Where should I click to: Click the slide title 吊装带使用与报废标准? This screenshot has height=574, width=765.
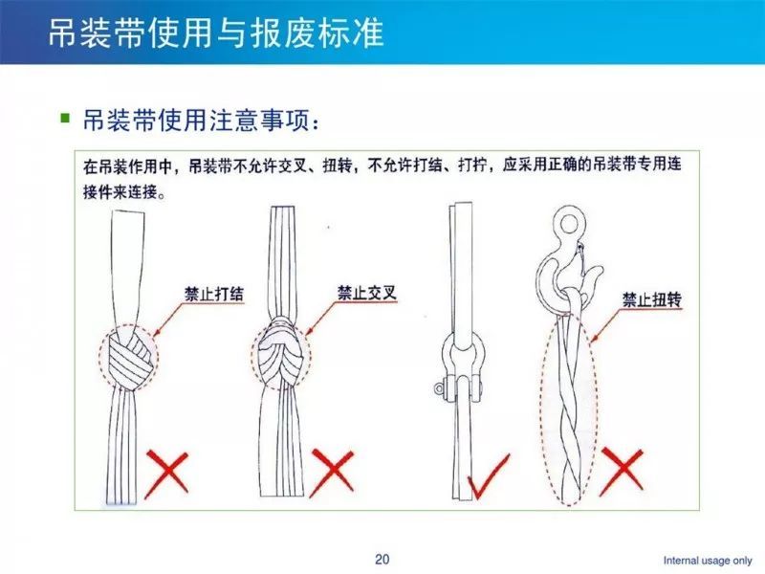[x=216, y=33]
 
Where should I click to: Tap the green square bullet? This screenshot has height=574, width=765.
[x=65, y=118]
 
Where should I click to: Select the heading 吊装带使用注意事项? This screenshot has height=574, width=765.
[x=196, y=120]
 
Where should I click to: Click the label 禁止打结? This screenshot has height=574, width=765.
[x=213, y=294]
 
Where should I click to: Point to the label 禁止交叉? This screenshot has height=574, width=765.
[x=367, y=293]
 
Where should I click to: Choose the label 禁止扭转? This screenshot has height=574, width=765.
[x=652, y=299]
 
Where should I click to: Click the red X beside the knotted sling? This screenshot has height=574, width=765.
[x=166, y=474]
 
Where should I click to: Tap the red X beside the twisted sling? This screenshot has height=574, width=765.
[x=621, y=471]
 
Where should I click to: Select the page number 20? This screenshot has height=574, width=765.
[x=382, y=559]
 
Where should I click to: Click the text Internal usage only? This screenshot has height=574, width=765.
[x=708, y=561]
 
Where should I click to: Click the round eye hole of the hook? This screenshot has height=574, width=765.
[x=568, y=224]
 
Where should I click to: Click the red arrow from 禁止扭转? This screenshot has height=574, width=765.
[x=605, y=324]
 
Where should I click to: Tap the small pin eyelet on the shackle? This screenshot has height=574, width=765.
[x=439, y=388]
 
